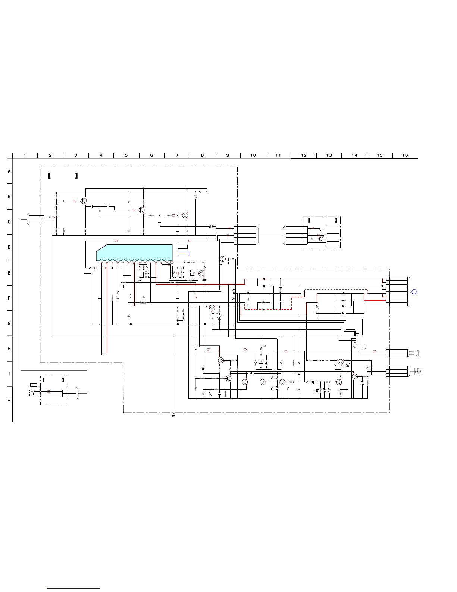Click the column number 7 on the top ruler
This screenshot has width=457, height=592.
(177, 155)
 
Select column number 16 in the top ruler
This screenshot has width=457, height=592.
(405, 155)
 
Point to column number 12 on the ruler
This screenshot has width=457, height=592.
(304, 155)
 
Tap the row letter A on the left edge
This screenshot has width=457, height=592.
(9, 171)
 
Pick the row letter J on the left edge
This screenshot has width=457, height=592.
(9, 399)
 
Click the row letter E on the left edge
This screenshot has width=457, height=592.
(9, 273)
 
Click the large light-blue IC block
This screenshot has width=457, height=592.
(134, 252)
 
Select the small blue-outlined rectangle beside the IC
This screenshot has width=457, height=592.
(184, 254)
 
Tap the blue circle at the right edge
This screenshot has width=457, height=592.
(414, 292)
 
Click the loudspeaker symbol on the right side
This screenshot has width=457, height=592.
(414, 353)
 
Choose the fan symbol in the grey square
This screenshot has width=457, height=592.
(418, 371)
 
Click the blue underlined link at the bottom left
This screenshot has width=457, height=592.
(74, 588)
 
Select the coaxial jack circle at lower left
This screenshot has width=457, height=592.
(34, 391)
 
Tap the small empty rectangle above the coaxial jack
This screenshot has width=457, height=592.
(34, 385)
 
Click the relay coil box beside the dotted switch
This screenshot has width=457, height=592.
(261, 362)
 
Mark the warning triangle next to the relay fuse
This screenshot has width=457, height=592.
(265, 346)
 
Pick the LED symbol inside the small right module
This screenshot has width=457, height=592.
(320, 239)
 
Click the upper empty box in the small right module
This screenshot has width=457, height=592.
(333, 230)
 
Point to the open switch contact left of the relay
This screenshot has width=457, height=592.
(256, 362)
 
